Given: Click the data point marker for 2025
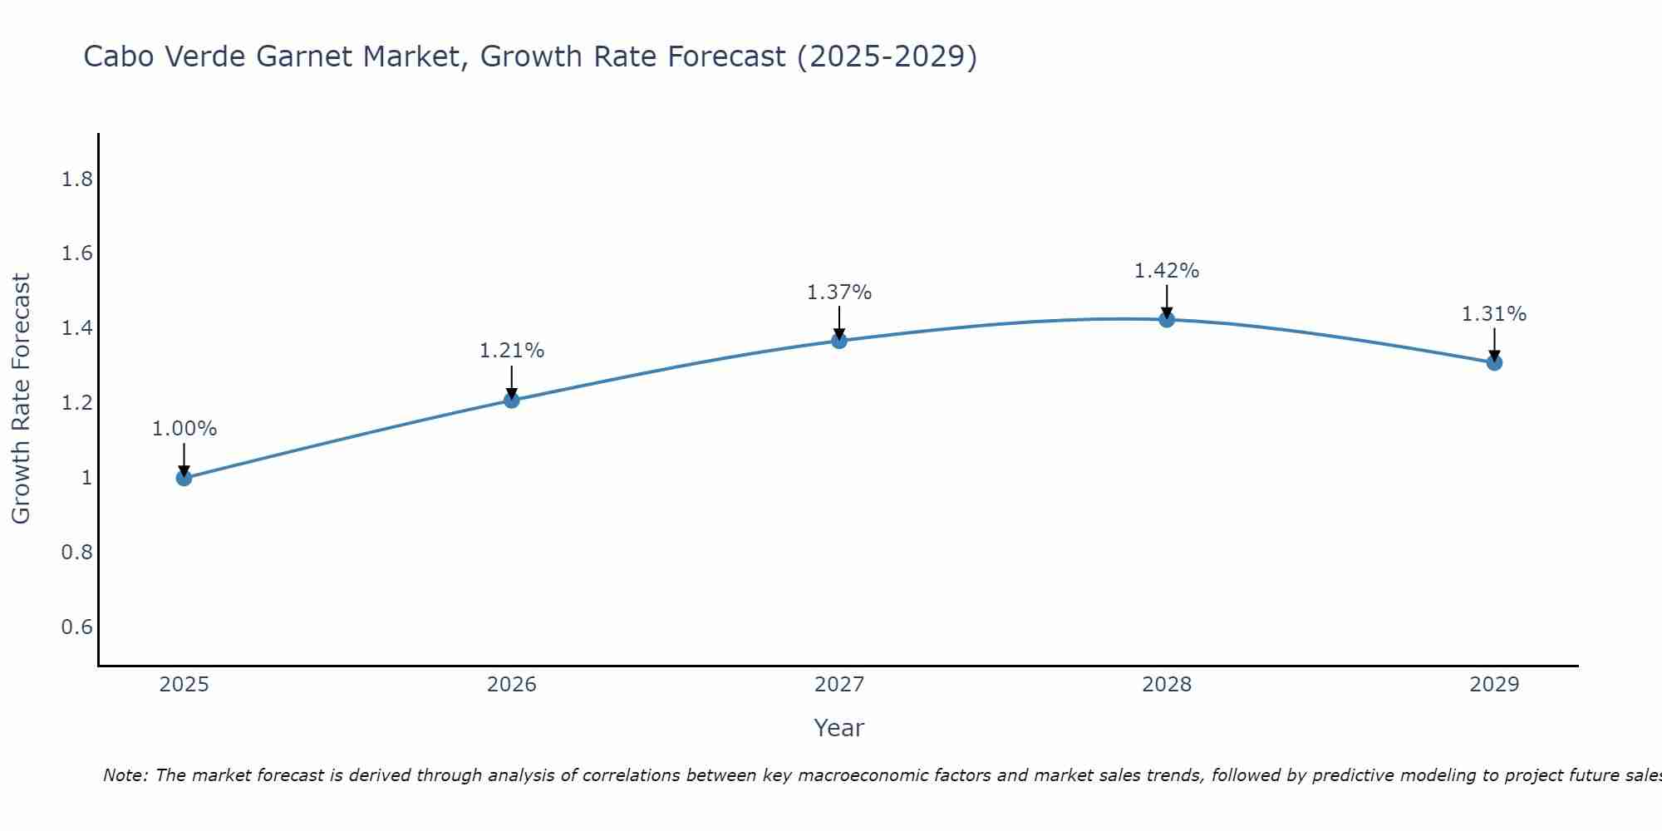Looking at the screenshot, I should click(184, 478).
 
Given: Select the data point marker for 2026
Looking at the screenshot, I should click(511, 401).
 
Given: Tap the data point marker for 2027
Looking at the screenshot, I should click(838, 341).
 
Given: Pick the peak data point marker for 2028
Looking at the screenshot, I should click(1166, 320).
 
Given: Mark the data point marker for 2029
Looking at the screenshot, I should click(1493, 362).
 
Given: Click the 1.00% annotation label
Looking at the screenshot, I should click(184, 429).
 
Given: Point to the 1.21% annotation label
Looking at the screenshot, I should click(511, 351).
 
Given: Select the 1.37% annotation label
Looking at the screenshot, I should click(838, 293).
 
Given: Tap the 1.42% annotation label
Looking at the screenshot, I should click(1166, 271).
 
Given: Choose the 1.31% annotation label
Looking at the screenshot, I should click(1493, 314).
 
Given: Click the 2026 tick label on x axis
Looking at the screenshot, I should click(511, 685).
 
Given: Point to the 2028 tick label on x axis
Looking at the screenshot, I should click(1166, 685).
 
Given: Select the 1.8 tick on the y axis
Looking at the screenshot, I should click(76, 179).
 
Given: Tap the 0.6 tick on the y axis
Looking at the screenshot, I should click(76, 627).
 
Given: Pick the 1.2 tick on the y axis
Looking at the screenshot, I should click(76, 403).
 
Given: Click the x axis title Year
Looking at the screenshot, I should click(838, 728).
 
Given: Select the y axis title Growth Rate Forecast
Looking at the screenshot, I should click(21, 399).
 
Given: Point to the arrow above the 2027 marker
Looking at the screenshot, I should click(838, 322).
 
